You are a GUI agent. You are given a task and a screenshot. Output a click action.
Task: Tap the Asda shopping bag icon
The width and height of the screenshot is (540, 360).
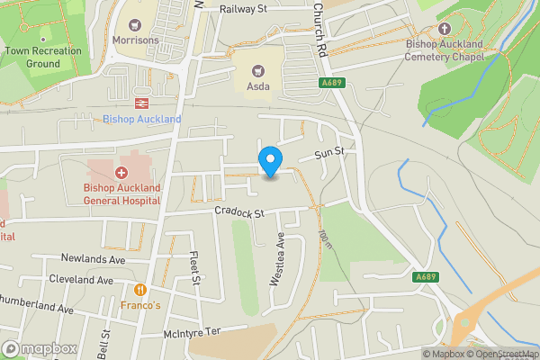[x=257, y=69]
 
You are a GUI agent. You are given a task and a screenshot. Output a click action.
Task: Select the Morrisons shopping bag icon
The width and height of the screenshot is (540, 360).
[x=136, y=23]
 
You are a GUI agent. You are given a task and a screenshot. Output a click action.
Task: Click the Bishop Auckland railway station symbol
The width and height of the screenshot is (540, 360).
[x=142, y=103]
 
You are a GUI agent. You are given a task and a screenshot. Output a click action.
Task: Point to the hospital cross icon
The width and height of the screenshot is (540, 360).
[x=121, y=172]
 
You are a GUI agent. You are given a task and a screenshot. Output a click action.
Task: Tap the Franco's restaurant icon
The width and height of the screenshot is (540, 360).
[x=140, y=290]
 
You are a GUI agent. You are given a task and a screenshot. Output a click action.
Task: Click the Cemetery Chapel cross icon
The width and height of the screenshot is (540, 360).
[x=444, y=26]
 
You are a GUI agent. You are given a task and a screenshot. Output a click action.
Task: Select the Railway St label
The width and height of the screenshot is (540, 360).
[x=244, y=9]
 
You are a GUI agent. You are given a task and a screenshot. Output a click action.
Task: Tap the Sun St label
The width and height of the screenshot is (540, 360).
[x=329, y=155]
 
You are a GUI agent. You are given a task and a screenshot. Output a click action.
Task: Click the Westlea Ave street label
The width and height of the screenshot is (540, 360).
[x=278, y=262]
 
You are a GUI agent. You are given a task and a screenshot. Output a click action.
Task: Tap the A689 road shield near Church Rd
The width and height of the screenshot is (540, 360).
[x=332, y=83]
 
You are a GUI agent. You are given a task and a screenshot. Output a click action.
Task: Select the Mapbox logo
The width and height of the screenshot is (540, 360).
[x=40, y=348]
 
